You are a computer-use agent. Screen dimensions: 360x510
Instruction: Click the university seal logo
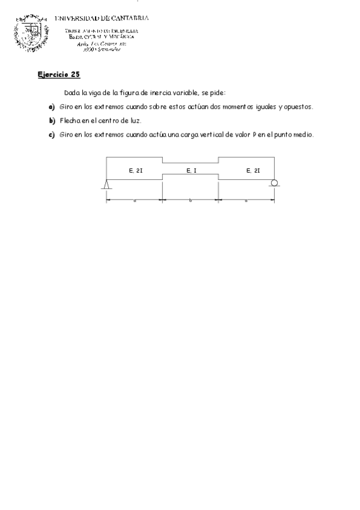[31, 35]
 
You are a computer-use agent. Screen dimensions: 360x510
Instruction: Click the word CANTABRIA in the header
[128, 18]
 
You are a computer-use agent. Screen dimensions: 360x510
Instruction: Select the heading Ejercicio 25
[58, 75]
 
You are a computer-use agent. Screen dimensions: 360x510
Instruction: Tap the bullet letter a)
[52, 106]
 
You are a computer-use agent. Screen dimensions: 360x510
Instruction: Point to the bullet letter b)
[52, 120]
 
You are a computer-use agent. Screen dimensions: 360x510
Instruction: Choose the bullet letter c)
[52, 135]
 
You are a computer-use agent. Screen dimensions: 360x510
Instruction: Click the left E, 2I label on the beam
[135, 171]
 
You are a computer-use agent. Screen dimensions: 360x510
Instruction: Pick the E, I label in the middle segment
[191, 171]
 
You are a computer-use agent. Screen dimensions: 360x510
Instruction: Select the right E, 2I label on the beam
[253, 171]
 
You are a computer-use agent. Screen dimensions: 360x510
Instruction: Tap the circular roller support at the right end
[274, 183]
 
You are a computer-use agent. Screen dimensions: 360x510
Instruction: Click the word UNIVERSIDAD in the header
[78, 18]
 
